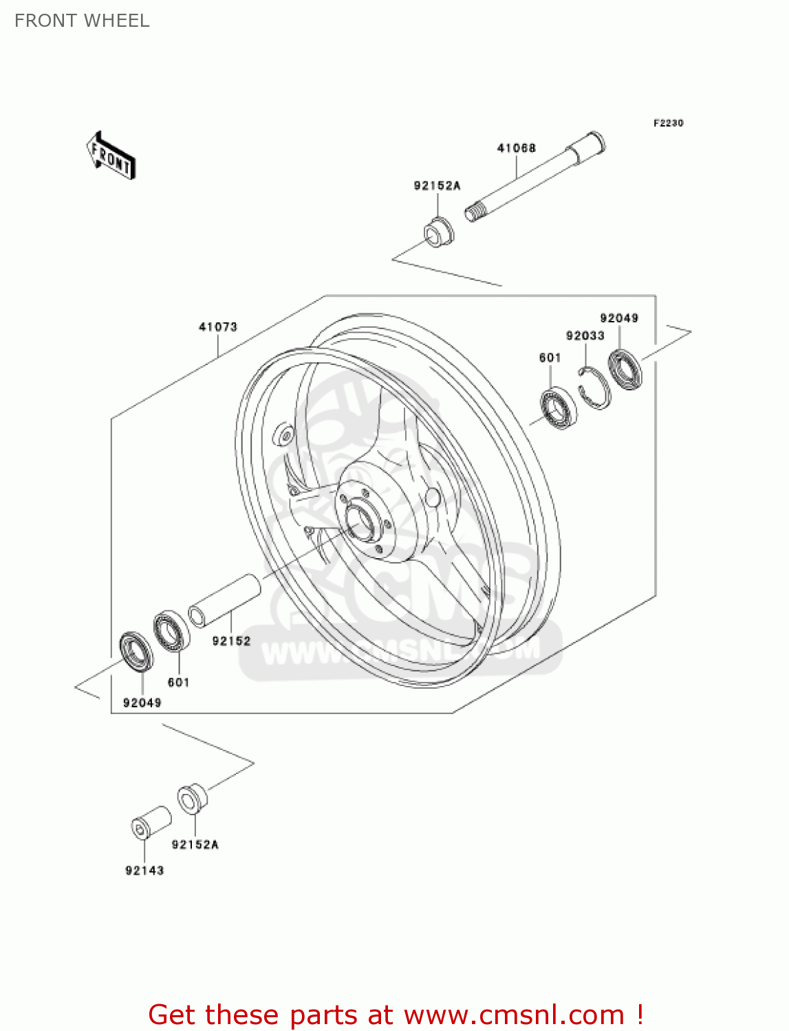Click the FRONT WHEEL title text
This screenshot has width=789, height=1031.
coord(82,21)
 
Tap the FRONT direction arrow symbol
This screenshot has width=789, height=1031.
coord(111,155)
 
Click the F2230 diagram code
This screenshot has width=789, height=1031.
coord(668,123)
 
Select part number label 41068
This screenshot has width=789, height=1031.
coord(516,148)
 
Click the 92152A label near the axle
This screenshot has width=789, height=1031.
coord(437,186)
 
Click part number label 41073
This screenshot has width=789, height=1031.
coord(218,327)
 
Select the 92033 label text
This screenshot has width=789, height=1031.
coord(585,335)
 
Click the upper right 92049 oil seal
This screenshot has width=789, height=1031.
coord(625,369)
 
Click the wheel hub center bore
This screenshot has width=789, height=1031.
coord(360,521)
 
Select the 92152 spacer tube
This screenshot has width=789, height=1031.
coord(224,600)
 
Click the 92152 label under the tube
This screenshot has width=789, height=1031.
coord(231,641)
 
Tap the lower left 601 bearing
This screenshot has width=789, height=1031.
coord(172,631)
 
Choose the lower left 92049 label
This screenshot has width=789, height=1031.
coord(142,702)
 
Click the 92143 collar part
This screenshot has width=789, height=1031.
coord(151,822)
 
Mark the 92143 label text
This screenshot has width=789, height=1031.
coord(144,870)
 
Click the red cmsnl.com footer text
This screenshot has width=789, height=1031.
coord(396,1015)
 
